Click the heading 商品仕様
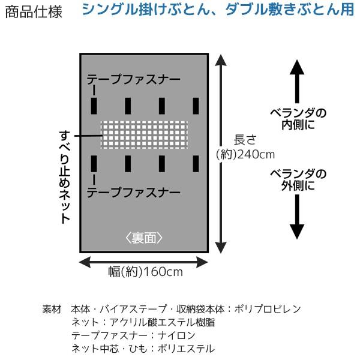pos(34,12)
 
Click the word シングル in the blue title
pos(110,10)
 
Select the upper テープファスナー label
pos(133,79)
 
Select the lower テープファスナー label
pos(133,193)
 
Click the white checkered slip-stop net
pos(144,135)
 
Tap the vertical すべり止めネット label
pos(65,177)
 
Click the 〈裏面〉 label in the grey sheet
pos(144,238)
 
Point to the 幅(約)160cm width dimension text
pos(146,272)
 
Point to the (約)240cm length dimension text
pos(245,155)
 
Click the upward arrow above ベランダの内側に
pos(297,81)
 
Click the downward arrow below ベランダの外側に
pos(297,217)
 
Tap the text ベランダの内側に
pos(298,119)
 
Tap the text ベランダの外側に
pos(298,180)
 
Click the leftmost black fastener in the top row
pos(94,106)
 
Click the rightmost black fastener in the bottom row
pos(196,164)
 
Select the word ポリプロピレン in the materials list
pos(268,309)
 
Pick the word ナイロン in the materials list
pos(176,335)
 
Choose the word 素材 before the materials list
pos(52,309)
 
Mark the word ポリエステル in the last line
pos(186,349)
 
